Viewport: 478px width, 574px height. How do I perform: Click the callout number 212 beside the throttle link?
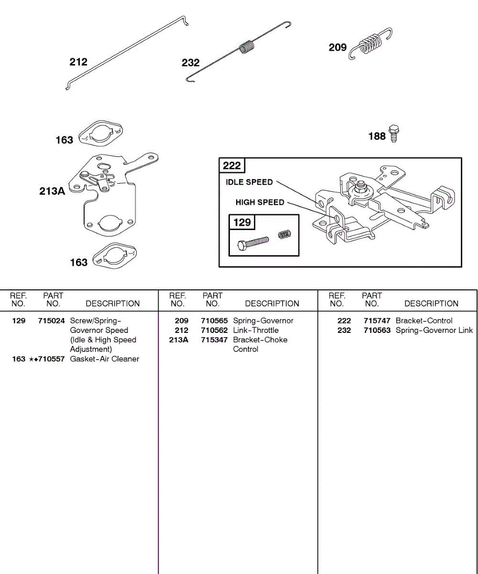78,62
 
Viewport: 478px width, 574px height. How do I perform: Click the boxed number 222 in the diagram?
232,166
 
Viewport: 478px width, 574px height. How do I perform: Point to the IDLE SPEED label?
249,182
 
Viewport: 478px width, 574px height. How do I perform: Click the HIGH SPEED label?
260,202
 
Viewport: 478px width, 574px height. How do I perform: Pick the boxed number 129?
242,222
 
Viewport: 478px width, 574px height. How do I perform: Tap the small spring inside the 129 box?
285,234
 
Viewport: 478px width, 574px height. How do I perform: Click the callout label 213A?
52,191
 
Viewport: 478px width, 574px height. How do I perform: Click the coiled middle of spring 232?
247,47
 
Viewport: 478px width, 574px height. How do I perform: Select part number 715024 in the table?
51,321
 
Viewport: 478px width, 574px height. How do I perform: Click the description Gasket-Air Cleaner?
105,359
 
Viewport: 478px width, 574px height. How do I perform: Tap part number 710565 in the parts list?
214,321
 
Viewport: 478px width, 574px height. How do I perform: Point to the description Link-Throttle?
256,331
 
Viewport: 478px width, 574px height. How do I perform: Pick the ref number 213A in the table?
178,340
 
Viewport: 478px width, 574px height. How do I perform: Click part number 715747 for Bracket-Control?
377,321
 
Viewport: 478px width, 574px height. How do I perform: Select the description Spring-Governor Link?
434,331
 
